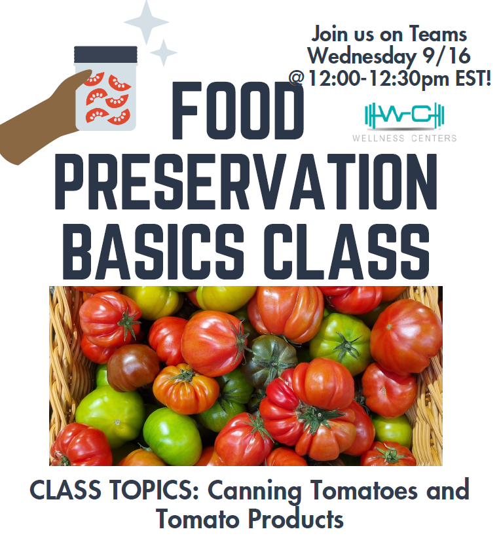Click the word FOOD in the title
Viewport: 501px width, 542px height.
tap(238, 111)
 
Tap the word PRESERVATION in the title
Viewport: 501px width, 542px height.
tap(246, 181)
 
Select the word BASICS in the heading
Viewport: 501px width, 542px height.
tap(153, 251)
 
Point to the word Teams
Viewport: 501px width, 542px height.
tap(438, 34)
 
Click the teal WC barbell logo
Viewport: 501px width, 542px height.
tap(405, 115)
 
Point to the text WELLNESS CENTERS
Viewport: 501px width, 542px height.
tap(405, 138)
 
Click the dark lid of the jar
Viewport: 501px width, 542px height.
tap(105, 54)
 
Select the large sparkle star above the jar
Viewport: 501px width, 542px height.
tap(146, 22)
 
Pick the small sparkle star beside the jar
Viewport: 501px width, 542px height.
tap(164, 52)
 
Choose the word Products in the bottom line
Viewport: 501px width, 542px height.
tap(295, 519)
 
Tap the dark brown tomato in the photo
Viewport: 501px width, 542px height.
tap(133, 367)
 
